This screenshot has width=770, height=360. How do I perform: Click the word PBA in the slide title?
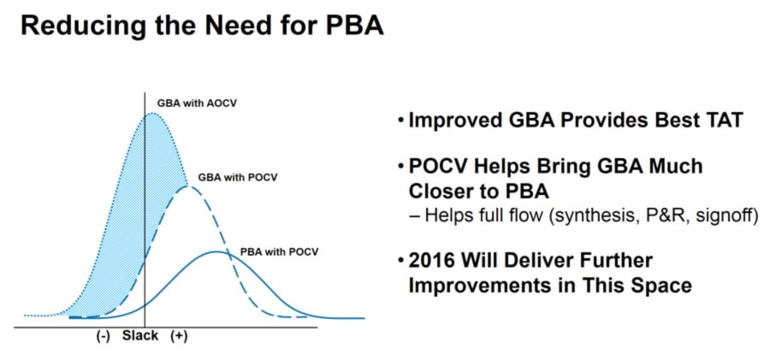pyautogui.click(x=353, y=27)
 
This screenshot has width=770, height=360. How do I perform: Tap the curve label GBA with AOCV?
pyautogui.click(x=193, y=103)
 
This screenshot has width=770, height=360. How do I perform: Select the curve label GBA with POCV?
pyautogui.click(x=238, y=177)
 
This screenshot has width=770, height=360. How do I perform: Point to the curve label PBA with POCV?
pyautogui.click(x=280, y=252)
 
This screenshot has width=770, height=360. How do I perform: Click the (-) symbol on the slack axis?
pyautogui.click(x=102, y=336)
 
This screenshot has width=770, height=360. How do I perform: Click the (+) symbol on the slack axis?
pyautogui.click(x=180, y=336)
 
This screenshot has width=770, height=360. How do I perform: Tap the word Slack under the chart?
pyautogui.click(x=140, y=336)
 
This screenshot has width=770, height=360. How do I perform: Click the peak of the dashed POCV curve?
pyautogui.click(x=188, y=186)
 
